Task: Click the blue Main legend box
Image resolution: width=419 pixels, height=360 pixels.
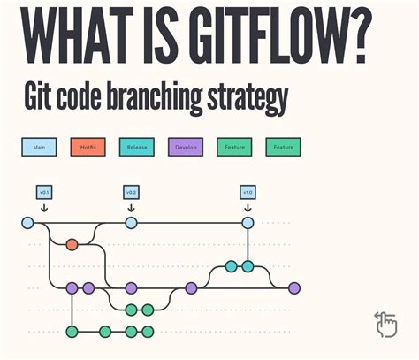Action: [39, 147]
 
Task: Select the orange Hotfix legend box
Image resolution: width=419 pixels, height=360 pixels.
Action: [88, 147]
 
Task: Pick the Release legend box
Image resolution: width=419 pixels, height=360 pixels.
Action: [136, 147]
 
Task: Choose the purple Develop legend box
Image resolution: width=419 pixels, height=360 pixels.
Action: [185, 147]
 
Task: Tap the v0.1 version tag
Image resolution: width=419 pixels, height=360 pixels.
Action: [42, 191]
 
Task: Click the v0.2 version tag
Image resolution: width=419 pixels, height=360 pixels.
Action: [131, 191]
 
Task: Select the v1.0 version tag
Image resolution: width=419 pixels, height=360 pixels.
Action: [248, 191]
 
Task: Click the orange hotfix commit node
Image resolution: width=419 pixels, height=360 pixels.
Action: [72, 244]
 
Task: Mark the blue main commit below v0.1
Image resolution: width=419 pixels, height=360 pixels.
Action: [27, 223]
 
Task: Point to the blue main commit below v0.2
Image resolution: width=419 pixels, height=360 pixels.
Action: [131, 223]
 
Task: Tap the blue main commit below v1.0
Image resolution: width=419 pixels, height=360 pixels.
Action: [248, 223]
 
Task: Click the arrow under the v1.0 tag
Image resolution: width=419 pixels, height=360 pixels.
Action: [248, 207]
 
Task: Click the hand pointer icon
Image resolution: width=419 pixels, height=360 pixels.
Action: [385, 325]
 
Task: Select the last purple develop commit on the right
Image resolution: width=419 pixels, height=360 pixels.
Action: [294, 287]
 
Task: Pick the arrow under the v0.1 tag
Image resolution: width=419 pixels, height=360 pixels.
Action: [42, 207]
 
